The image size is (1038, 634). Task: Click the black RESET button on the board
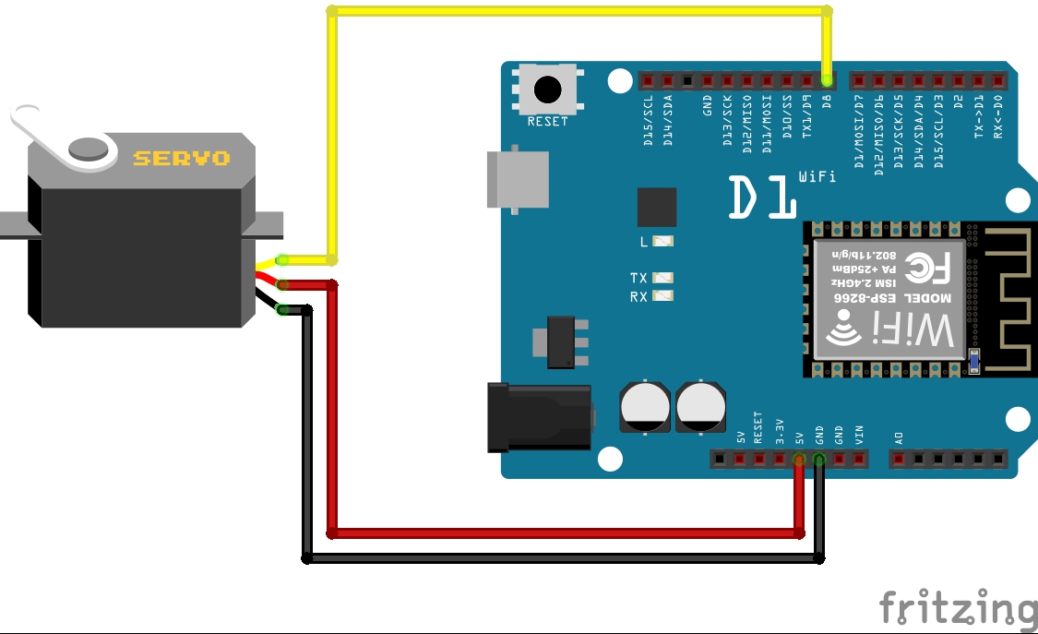[x=548, y=90]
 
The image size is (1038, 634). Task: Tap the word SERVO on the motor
[x=182, y=159]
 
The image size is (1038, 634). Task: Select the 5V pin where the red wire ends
[x=799, y=459]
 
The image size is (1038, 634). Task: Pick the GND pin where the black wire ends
[x=819, y=459]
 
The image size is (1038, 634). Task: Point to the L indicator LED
[x=662, y=242]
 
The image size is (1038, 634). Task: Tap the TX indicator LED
[x=662, y=278]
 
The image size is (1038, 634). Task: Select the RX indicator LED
[x=662, y=296]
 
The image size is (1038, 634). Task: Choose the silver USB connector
[x=518, y=179]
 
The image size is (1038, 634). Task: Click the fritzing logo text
[x=957, y=608]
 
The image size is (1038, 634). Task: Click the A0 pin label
[x=899, y=437]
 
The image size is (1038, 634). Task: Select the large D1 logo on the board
[x=763, y=196]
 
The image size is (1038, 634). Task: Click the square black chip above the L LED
[x=656, y=207]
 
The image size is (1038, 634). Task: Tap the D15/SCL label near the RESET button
[x=649, y=120]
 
